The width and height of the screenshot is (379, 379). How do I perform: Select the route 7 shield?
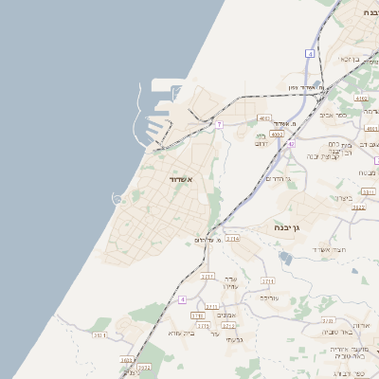pyautogui.click(x=219, y=124)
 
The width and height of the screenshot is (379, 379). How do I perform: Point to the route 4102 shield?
pyautogui.click(x=360, y=98)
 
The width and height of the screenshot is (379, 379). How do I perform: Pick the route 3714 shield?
pyautogui.click(x=232, y=239)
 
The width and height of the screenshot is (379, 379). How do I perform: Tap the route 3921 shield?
pyautogui.click(x=99, y=334)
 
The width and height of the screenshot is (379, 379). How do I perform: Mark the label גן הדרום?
pyautogui.click(x=277, y=178)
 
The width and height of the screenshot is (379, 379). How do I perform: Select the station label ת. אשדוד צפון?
pyautogui.click(x=307, y=87)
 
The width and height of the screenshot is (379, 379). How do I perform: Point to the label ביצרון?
pyautogui.click(x=343, y=198)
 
